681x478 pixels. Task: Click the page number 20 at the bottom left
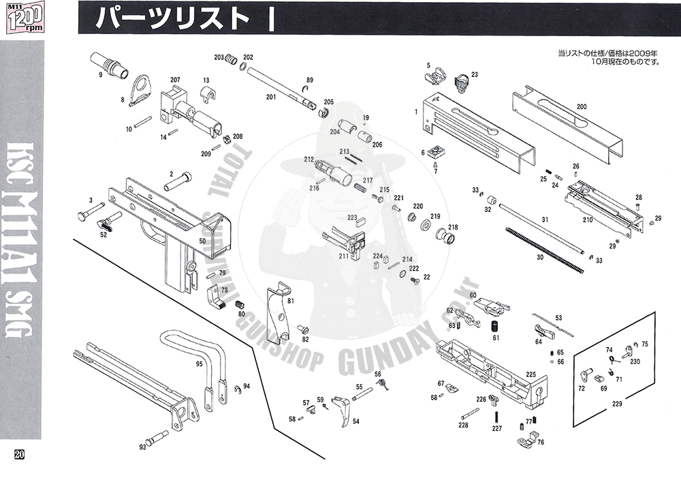19,455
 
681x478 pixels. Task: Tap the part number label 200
581,107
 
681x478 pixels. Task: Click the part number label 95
200,364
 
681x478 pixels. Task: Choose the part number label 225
530,374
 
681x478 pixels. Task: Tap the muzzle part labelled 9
111,62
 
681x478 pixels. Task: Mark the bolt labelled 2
178,184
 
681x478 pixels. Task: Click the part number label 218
453,228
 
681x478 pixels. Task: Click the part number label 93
142,447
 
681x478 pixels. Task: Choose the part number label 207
175,80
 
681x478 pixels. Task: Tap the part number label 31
544,219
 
